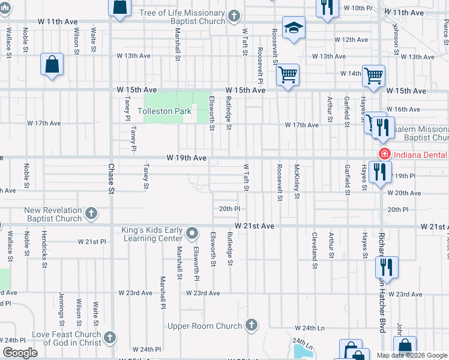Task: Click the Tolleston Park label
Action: tap(164, 111)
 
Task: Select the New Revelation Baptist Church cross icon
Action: tap(91, 214)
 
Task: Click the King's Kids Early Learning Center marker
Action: tap(192, 232)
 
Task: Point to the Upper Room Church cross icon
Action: tap(252, 325)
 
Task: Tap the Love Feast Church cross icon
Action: tap(109, 338)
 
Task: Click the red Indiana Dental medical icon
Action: tap(382, 154)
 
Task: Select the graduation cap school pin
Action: tap(294, 28)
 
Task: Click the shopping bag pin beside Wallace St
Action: tap(52, 65)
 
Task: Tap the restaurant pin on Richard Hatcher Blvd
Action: tap(387, 268)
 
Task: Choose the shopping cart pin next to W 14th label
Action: tap(374, 76)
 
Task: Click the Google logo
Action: tap(19, 353)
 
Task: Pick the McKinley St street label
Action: tap(297, 178)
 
